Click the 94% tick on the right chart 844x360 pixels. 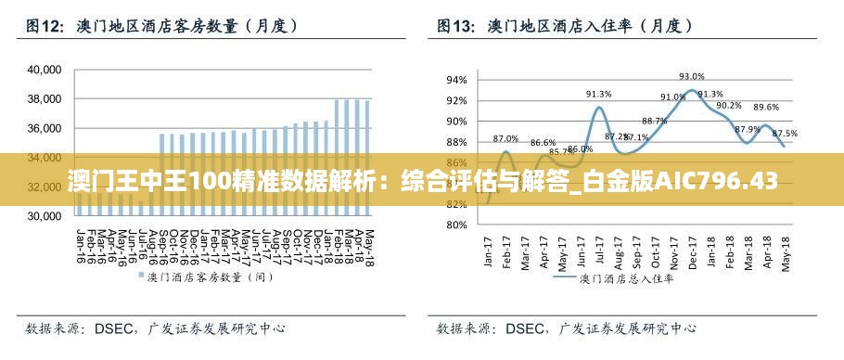tap(457, 80)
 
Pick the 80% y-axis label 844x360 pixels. tap(457, 225)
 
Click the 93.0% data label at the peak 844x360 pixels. tap(692, 77)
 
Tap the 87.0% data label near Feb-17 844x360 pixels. tap(505, 138)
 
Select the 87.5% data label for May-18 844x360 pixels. tap(784, 134)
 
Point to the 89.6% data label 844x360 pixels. tap(766, 108)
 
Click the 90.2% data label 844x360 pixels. tap(729, 105)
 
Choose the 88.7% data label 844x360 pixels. tap(654, 121)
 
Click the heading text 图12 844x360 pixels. tap(44, 27)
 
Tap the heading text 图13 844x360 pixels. tap(456, 27)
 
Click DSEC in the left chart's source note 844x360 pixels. tap(115, 328)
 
